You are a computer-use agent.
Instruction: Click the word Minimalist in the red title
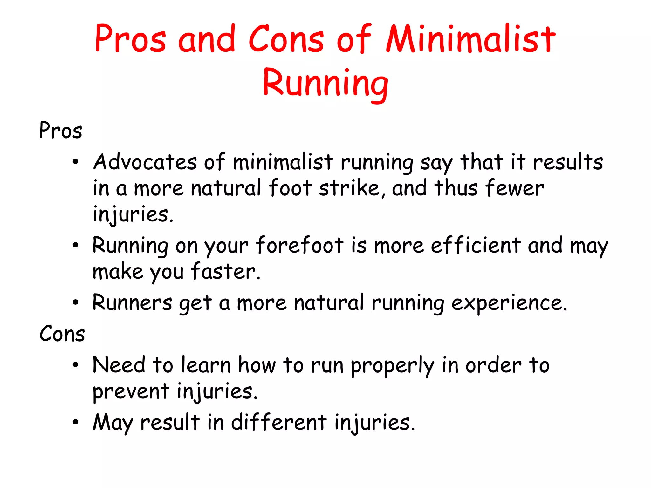470,39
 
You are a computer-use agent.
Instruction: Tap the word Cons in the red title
286,39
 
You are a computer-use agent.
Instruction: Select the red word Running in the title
325,83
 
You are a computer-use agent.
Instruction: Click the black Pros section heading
60,131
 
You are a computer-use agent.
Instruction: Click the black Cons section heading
62,334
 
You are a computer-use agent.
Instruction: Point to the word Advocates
145,162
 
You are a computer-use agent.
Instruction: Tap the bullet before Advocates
75,162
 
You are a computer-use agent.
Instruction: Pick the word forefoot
300,245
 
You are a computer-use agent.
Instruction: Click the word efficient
476,245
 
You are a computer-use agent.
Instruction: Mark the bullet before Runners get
75,302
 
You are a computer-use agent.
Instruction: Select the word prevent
131,392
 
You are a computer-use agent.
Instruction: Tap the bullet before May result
75,422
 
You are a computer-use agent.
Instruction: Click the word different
278,422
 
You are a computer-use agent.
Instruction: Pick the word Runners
132,302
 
